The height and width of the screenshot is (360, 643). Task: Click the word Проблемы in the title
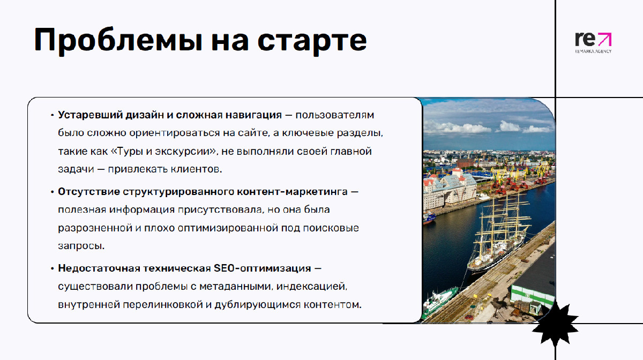(118, 40)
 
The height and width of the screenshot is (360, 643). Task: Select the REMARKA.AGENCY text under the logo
(593, 51)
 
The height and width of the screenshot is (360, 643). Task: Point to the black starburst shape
(555, 325)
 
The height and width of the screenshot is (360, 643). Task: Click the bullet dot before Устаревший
(53, 115)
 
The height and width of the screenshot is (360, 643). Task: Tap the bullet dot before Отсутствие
(53, 192)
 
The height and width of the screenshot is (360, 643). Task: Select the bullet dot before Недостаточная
(53, 269)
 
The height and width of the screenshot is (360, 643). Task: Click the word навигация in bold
(253, 115)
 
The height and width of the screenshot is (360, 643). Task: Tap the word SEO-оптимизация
(263, 268)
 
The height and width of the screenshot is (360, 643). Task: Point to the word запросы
(81, 246)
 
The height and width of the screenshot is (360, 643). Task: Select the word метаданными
(235, 287)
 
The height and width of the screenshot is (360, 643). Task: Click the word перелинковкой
(163, 305)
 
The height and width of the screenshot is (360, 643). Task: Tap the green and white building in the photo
(533, 296)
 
